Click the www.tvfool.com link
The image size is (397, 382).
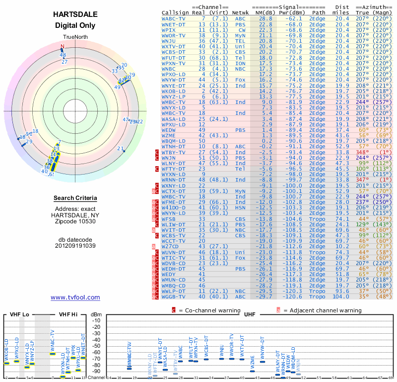[x=75, y=297]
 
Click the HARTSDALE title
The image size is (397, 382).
[x=75, y=15]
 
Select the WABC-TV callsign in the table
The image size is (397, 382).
[x=174, y=18]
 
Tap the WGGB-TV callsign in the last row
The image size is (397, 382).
[x=174, y=296]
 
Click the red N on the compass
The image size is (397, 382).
[x=63, y=47]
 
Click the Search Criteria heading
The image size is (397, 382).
[x=75, y=198]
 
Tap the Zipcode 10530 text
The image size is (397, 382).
[x=75, y=221]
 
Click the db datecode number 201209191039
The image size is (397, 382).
[x=75, y=245]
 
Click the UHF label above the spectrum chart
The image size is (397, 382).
[x=250, y=315]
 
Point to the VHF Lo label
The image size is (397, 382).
[x=18, y=315]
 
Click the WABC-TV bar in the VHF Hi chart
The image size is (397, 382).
[x=53, y=354]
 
